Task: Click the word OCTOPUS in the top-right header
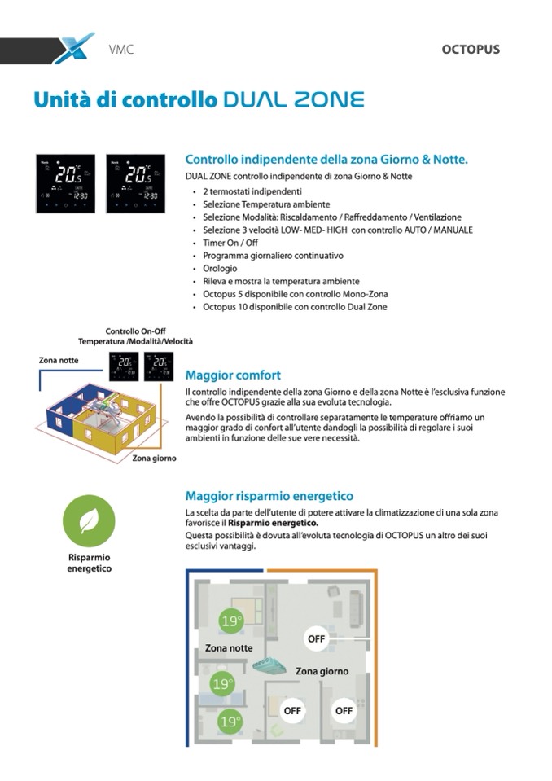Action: tap(471, 50)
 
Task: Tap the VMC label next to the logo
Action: tap(120, 50)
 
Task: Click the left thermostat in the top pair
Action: tap(65, 184)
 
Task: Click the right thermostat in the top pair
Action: tap(135, 184)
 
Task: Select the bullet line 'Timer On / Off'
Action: tap(231, 243)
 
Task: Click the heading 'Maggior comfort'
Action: tap(233, 375)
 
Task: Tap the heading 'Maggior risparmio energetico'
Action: tap(269, 495)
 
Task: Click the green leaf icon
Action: tap(89, 522)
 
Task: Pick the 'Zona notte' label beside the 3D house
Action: tap(59, 360)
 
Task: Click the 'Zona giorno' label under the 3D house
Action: tap(155, 459)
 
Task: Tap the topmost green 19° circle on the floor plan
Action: tap(231, 621)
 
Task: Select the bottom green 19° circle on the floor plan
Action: tap(230, 721)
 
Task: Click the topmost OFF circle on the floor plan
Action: tap(316, 638)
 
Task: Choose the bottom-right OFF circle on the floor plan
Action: tap(344, 710)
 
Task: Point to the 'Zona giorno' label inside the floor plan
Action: tap(322, 672)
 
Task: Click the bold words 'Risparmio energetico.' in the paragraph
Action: tap(273, 523)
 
